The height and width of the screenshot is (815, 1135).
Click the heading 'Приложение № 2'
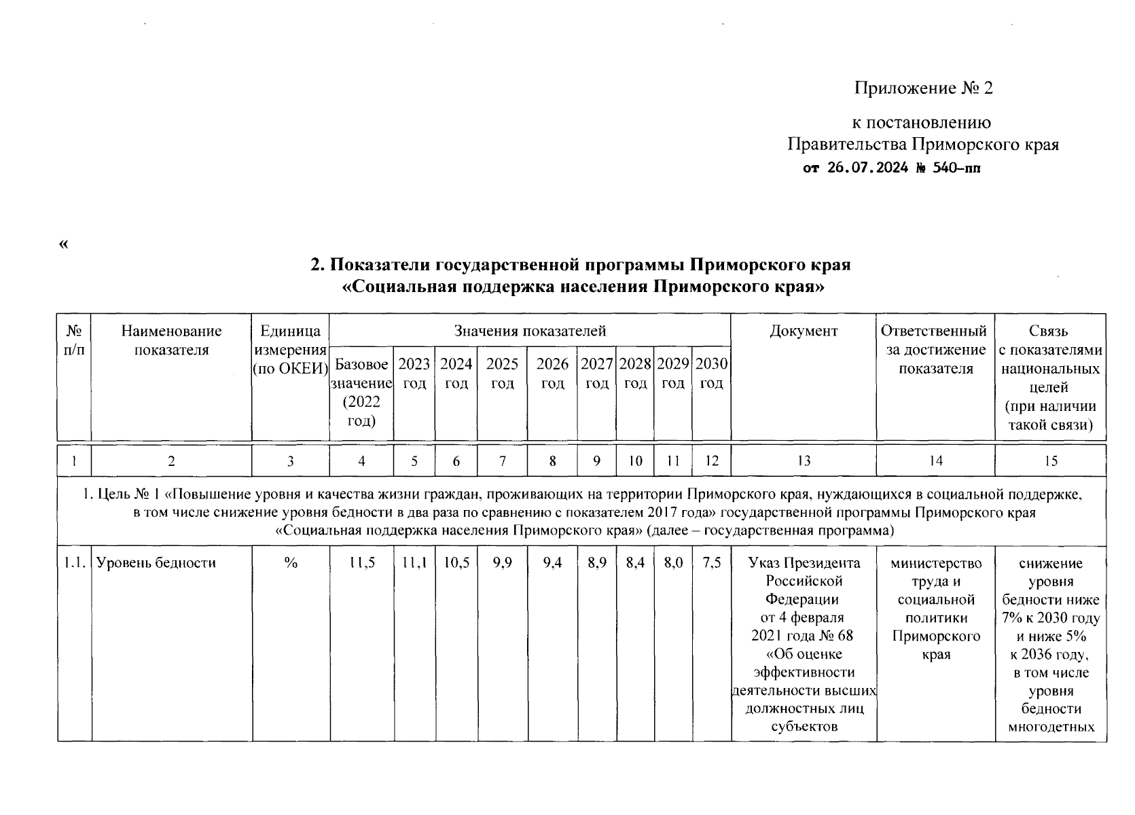click(x=923, y=88)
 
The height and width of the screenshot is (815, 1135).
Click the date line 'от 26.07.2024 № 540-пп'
click(x=892, y=168)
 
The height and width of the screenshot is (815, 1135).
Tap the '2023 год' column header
click(x=414, y=374)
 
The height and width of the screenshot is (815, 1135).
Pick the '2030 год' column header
click(x=711, y=374)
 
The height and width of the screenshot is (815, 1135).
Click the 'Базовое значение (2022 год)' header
click(x=361, y=393)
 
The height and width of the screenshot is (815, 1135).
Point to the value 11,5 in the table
click(x=361, y=563)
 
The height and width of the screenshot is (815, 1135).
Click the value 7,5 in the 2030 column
click(x=711, y=563)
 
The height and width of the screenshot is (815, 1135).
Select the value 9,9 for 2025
click(x=502, y=563)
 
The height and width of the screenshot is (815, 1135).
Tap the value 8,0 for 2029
click(x=672, y=563)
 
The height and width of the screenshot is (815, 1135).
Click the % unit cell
click(x=291, y=563)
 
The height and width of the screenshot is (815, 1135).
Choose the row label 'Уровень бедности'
click(x=156, y=563)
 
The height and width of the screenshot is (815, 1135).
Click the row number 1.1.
click(x=74, y=563)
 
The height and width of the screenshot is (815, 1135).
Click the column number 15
click(x=1050, y=461)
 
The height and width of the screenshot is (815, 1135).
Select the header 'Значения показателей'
click(x=530, y=331)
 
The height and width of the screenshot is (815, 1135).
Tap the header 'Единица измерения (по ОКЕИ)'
click(x=290, y=350)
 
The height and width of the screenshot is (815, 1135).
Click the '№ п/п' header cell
click(x=74, y=340)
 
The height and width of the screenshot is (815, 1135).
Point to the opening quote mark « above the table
click(x=64, y=244)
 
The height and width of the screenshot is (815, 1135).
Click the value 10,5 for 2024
click(x=456, y=563)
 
